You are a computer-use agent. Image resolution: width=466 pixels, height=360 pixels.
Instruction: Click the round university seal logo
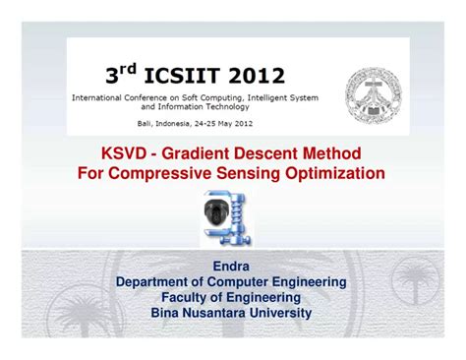pos(373,91)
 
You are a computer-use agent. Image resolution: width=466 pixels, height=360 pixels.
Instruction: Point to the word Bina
pos(166,313)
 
